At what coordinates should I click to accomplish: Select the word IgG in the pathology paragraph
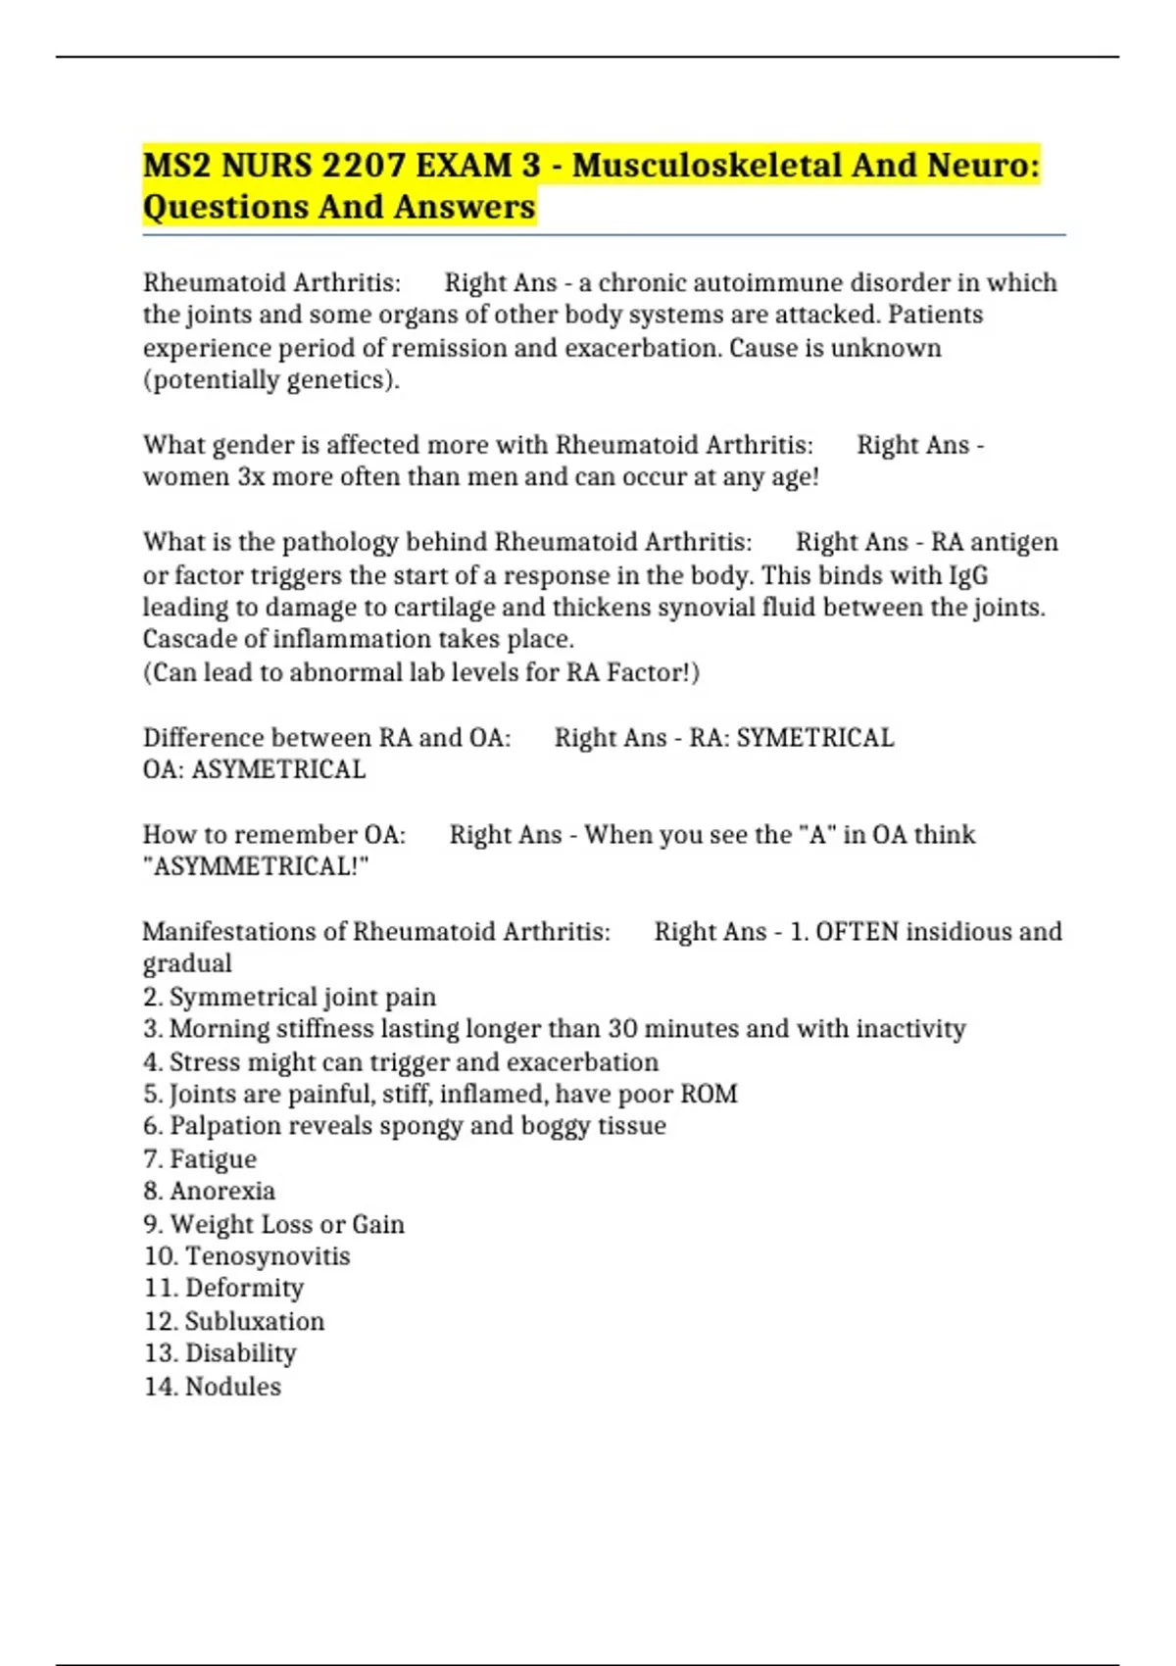[968, 575]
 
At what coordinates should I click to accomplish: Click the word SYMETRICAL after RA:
[814, 737]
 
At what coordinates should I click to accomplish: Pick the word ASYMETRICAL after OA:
[278, 769]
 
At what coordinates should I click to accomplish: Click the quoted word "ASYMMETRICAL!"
[256, 866]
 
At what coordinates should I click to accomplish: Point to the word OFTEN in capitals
[857, 931]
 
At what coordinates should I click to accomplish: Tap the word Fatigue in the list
[213, 1159]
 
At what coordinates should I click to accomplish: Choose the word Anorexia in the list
[222, 1191]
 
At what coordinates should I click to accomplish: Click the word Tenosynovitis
[267, 1256]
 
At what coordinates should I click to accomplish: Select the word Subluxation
[254, 1321]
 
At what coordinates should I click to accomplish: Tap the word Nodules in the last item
[232, 1387]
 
